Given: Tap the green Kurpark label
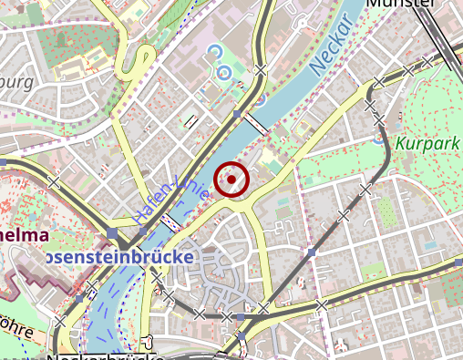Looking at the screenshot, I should pos(428,143).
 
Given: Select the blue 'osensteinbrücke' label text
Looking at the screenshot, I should pos(118,258).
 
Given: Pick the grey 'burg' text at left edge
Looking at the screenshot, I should pos(16,82).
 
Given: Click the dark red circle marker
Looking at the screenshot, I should pos(231,179).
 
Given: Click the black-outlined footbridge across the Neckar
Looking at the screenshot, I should pos(253,124).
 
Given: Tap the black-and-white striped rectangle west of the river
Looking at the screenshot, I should pos(190,120).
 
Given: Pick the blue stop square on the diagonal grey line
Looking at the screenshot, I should pos(312,252).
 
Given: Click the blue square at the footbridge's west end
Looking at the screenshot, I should pos(236,115).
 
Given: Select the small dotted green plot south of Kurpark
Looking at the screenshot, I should pos(388,212).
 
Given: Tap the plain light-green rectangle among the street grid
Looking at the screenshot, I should pos(373,271).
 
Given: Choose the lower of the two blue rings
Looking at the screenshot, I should pos(221,72).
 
